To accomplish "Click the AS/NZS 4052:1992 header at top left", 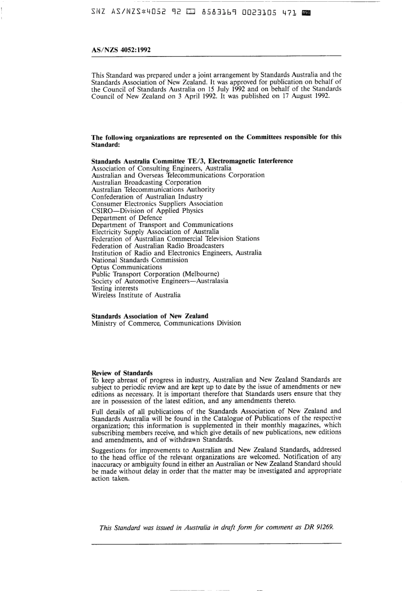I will coord(121,50).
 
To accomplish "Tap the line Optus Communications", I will coord(127,267).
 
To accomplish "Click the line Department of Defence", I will coord(127,218).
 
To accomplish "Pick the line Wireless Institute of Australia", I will coord(136,295).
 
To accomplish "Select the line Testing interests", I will coord(115,288).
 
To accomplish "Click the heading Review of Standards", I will coord(122,373).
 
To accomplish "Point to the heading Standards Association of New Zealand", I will coord(150,316).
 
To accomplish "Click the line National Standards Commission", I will coord(139,260).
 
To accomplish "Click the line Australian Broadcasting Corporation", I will coord(140,183).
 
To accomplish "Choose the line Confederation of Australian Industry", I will coord(147,197).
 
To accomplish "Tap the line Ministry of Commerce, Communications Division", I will coord(166,323).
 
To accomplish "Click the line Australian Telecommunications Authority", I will coord(153,189).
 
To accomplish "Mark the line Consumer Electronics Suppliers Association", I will coord(157,204).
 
